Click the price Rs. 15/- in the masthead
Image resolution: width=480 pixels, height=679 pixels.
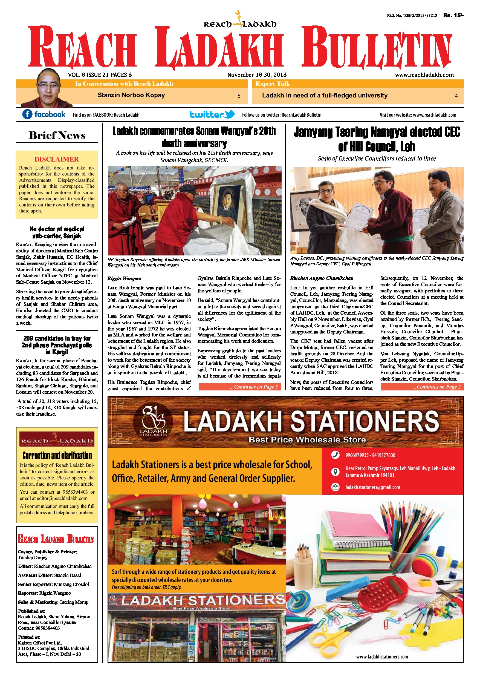tap(453, 15)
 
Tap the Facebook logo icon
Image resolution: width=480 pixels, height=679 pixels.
tap(27, 114)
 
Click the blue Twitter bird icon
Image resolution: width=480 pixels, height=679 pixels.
tap(230, 114)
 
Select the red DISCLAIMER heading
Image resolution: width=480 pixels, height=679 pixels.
tap(56, 159)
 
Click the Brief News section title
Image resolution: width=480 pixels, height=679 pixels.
tap(57, 136)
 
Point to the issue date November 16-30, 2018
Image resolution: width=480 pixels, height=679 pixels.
tap(256, 75)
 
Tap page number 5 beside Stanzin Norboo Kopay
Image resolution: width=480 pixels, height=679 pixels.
tap(239, 96)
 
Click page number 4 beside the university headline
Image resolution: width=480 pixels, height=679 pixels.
tap(456, 96)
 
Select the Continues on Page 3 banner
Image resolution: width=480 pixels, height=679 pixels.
tap(240, 387)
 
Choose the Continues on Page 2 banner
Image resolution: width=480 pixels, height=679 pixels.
tap(422, 387)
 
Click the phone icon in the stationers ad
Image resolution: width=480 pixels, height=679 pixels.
tap(335, 455)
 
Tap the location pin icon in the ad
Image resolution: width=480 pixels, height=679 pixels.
tap(335, 471)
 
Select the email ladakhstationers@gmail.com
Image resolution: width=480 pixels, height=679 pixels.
tap(372, 487)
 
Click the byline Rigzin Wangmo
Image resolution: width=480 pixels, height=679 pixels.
tap(124, 278)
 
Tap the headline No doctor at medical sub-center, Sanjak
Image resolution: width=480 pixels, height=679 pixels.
tap(57, 232)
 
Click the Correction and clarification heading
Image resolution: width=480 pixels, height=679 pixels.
tap(57, 455)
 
